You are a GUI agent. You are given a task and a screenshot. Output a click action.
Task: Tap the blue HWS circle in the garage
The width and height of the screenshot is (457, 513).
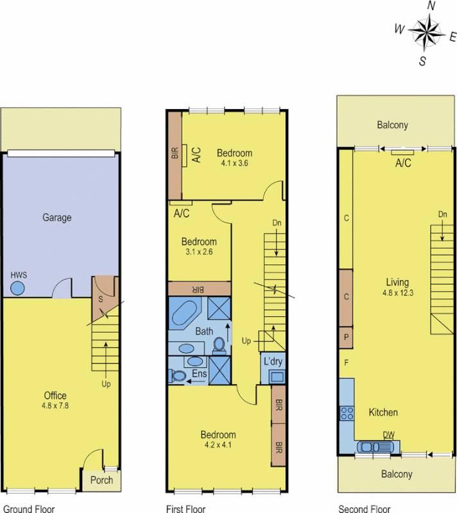[x=18, y=289]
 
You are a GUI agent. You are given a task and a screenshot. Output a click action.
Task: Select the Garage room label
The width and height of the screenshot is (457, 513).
[x=57, y=217]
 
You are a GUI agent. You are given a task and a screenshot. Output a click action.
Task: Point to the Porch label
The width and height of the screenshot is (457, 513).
[x=101, y=480]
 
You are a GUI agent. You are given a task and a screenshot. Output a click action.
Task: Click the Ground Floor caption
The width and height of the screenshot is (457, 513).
[x=28, y=509]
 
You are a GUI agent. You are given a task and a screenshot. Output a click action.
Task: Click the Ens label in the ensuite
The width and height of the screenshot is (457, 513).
[x=200, y=373]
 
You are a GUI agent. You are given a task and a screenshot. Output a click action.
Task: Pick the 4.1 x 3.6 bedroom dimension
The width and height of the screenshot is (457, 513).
[x=234, y=164]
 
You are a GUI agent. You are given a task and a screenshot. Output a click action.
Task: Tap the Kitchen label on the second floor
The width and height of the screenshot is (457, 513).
[x=383, y=412]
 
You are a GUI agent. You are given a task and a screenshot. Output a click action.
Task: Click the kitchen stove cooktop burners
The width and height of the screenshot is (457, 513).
[x=347, y=413]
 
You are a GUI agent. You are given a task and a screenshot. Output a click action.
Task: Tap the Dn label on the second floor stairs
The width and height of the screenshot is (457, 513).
[x=443, y=214]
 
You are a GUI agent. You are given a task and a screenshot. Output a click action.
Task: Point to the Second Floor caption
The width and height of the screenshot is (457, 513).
[x=364, y=509]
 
